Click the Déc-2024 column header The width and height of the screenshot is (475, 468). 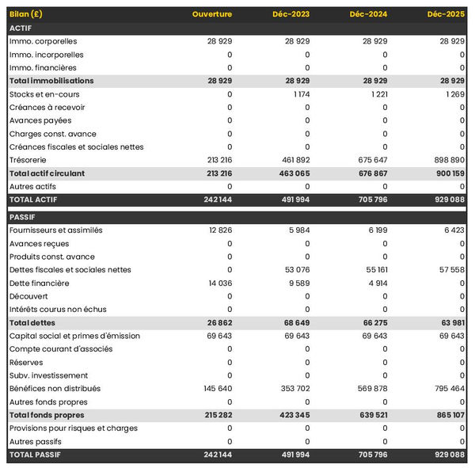pyautogui.click(x=368, y=14)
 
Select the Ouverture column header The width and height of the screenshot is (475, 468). pyautogui.click(x=212, y=14)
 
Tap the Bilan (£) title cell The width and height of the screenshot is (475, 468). pyautogui.click(x=28, y=14)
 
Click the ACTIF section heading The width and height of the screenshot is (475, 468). pyautogui.click(x=21, y=28)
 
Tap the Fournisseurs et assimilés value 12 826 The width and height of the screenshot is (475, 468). pyautogui.click(x=218, y=230)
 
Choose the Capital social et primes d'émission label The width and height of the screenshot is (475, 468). pyautogui.click(x=74, y=336)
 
